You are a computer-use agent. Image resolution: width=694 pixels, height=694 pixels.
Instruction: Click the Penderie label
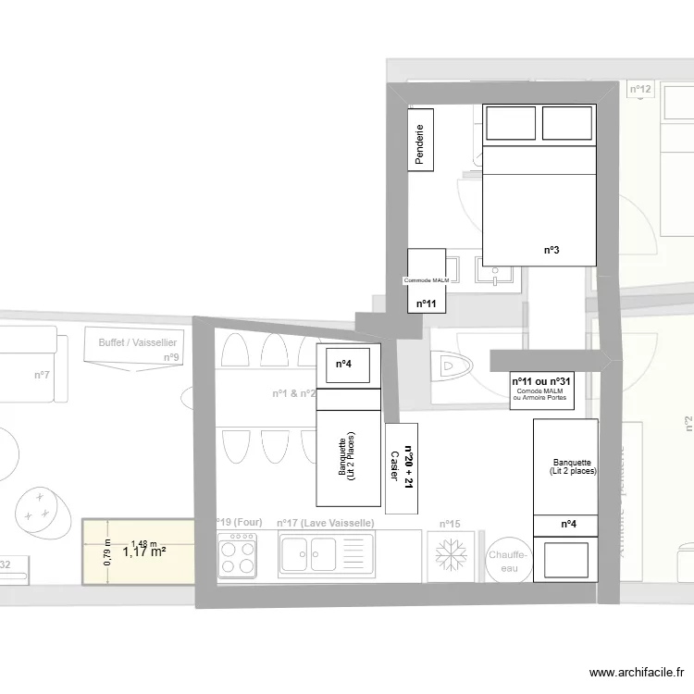click(421, 145)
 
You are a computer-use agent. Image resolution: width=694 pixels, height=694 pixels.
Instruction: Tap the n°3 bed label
click(550, 250)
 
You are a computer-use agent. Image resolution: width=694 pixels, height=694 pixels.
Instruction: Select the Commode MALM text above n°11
click(426, 279)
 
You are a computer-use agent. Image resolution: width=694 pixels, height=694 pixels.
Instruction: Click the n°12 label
click(640, 90)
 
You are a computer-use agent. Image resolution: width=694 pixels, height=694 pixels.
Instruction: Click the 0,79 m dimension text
click(107, 552)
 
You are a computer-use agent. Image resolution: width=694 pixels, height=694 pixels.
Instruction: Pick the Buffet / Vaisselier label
click(139, 342)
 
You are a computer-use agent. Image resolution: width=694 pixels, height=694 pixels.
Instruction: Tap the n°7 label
click(42, 375)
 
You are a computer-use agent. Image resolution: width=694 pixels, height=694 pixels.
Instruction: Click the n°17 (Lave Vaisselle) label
click(325, 523)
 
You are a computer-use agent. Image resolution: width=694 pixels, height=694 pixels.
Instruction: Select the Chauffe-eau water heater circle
click(508, 561)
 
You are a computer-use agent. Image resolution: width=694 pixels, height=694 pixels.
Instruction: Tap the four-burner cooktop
click(237, 557)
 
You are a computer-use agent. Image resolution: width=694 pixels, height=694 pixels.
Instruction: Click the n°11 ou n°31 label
click(542, 381)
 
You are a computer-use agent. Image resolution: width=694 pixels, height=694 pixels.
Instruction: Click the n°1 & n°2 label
click(293, 393)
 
